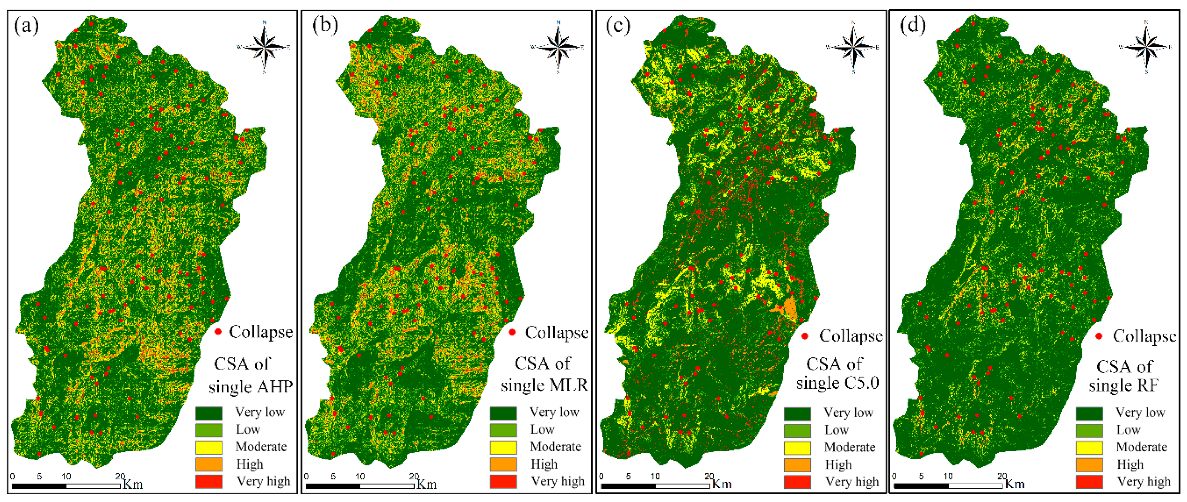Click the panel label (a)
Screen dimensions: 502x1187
[26, 26]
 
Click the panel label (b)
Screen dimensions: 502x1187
[325, 26]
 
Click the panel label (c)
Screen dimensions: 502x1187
[618, 26]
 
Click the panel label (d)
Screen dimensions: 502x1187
[912, 26]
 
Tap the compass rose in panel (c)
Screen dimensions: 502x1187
[853, 47]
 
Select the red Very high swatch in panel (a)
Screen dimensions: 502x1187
[209, 481]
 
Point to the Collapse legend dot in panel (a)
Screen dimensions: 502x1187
[218, 332]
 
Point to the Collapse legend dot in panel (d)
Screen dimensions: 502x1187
[1099, 336]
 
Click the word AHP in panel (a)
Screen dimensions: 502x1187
[275, 386]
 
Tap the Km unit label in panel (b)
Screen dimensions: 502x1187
[426, 484]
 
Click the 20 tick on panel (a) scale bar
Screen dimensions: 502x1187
[120, 477]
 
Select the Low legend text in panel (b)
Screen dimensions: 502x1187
[542, 430]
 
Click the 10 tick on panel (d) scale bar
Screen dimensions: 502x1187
[948, 476]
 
